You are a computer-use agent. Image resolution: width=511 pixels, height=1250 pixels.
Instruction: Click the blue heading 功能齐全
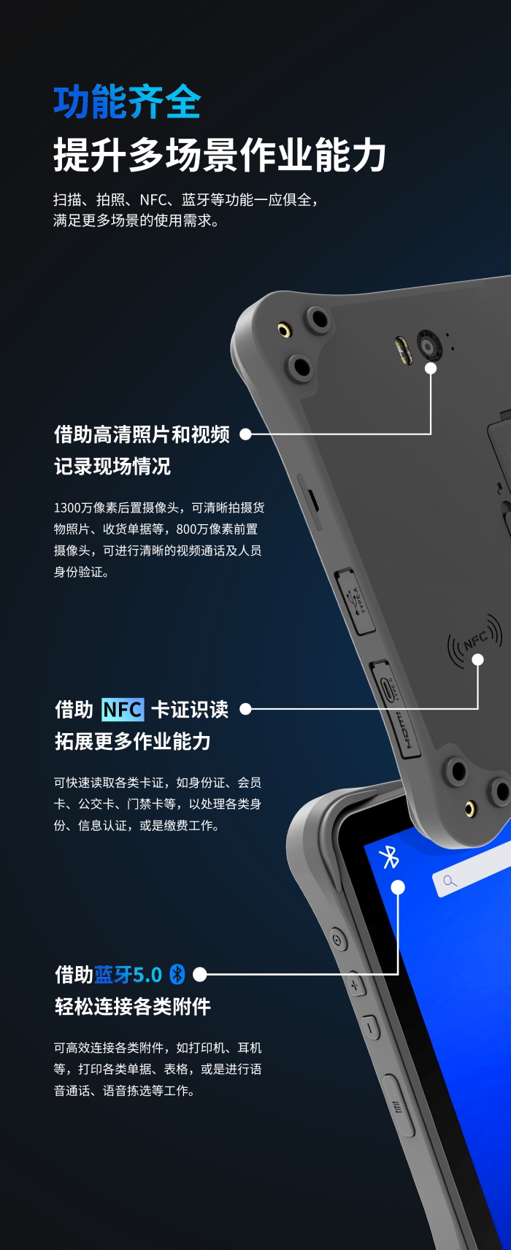[127, 102]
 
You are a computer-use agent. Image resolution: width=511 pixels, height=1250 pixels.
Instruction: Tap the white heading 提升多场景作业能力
[220, 155]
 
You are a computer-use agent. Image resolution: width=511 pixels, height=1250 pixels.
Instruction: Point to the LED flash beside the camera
[404, 351]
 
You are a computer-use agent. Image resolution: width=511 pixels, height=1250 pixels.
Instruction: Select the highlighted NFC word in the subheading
[123, 710]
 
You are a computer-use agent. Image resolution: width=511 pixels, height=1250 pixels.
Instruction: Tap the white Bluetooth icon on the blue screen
[389, 858]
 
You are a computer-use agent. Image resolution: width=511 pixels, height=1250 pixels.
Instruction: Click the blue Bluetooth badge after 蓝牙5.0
[177, 974]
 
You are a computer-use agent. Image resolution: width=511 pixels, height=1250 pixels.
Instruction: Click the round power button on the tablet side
[337, 939]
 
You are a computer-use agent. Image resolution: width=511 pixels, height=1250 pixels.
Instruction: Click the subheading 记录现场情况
[112, 467]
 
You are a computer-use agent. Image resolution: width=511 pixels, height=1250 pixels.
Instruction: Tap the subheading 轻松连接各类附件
[133, 1006]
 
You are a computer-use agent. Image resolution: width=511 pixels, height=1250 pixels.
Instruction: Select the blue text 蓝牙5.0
[128, 974]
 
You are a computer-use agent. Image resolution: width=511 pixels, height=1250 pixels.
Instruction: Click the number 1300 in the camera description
[67, 508]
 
